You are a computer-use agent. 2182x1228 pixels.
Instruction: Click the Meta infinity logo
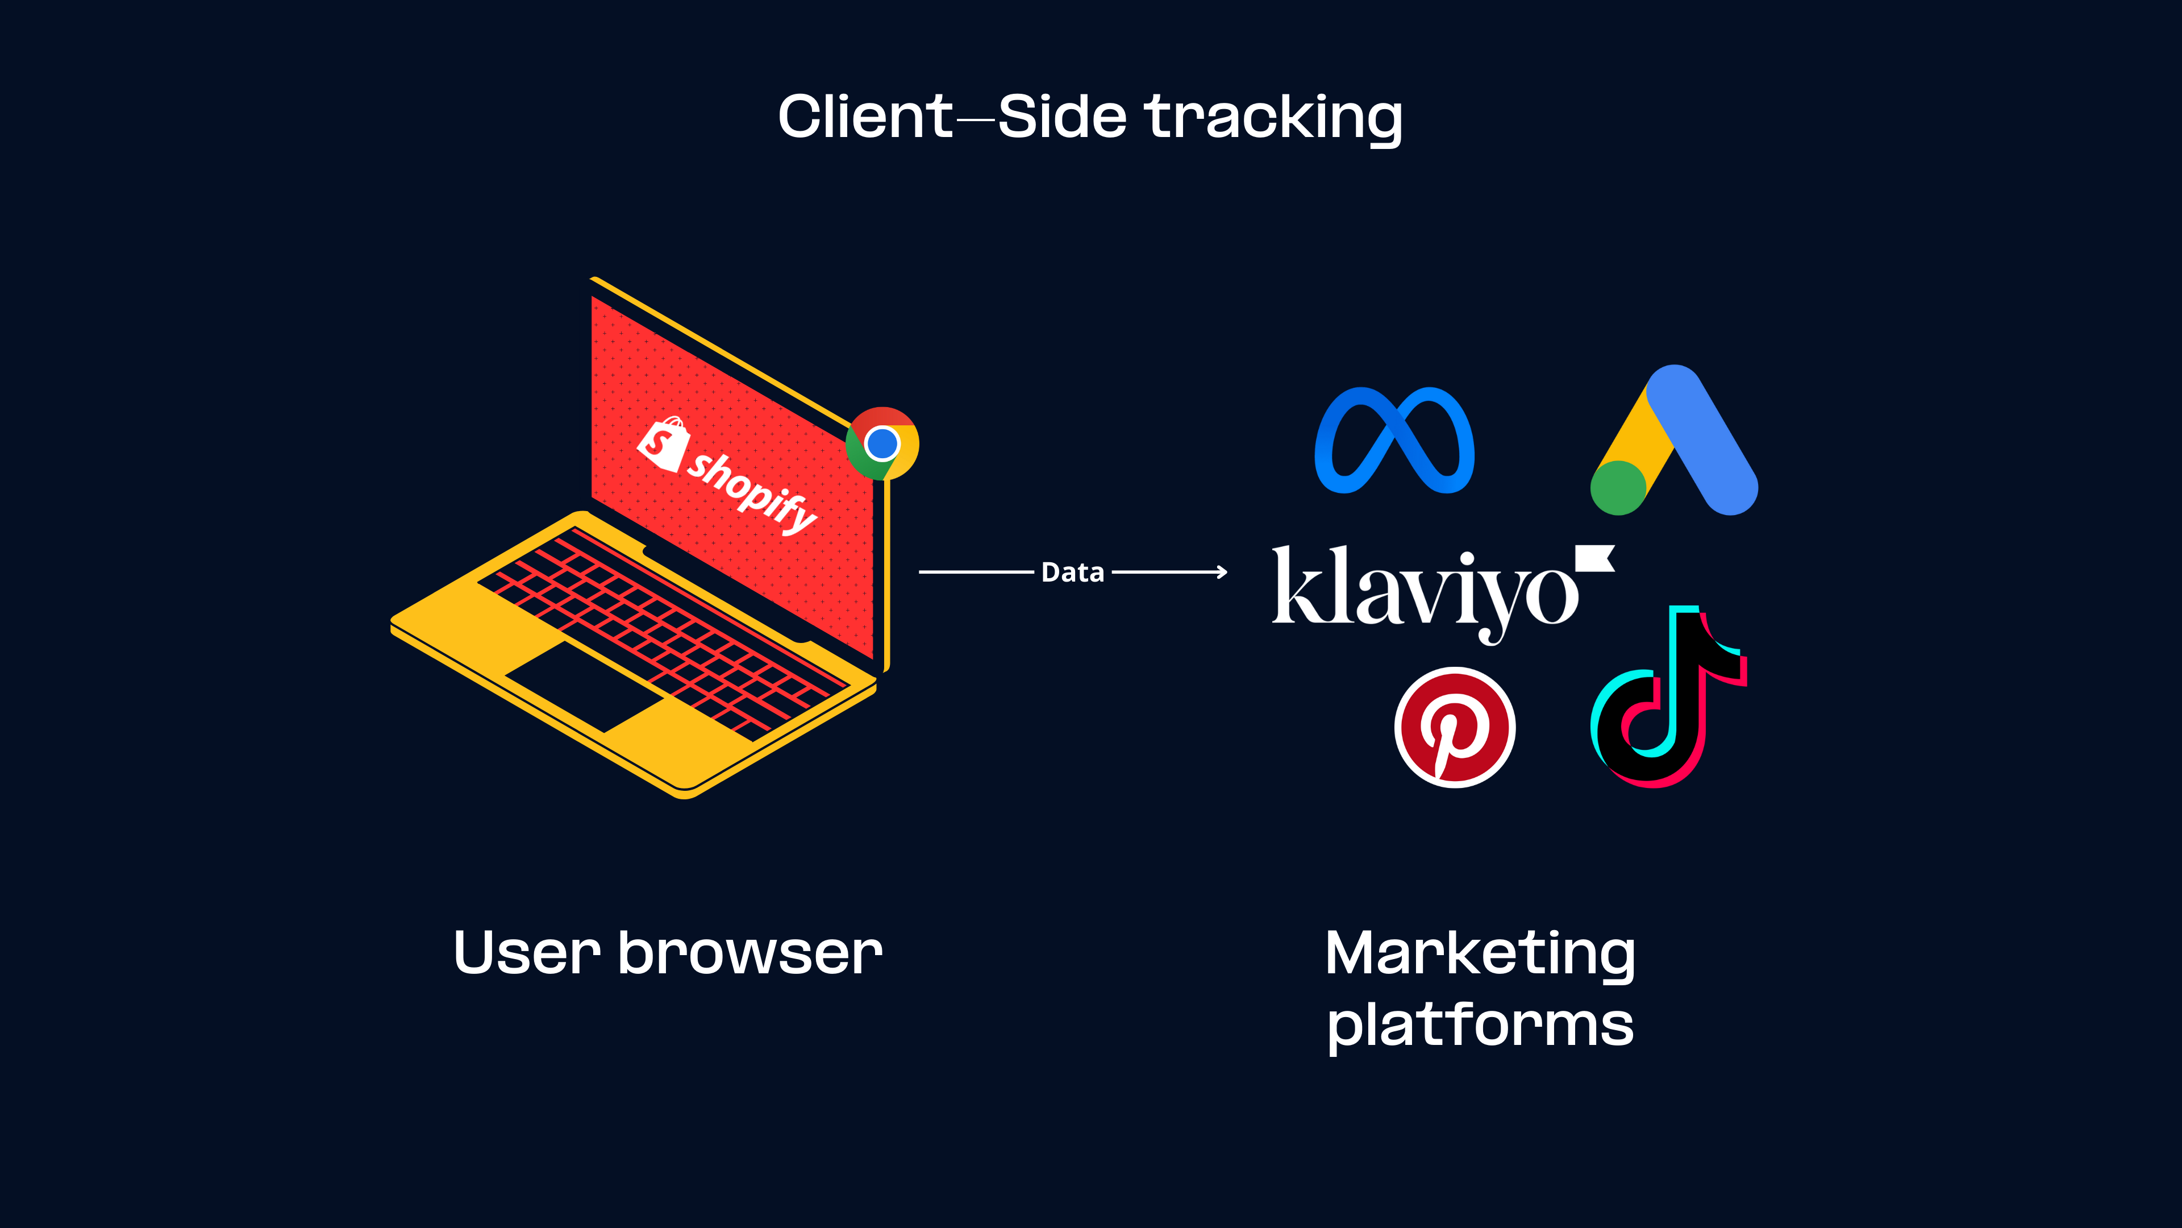1394,440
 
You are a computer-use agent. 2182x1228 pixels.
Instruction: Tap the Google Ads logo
1675,440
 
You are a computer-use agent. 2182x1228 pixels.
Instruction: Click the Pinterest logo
1455,727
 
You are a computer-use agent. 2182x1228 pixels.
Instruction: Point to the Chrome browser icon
882,443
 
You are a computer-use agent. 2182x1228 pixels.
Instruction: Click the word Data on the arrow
1072,573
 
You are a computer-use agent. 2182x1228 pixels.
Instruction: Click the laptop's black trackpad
585,686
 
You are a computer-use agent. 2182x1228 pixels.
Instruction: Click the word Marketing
1480,953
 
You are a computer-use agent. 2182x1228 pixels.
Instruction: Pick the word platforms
1480,1026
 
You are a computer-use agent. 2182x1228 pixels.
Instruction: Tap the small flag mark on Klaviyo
1595,558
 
